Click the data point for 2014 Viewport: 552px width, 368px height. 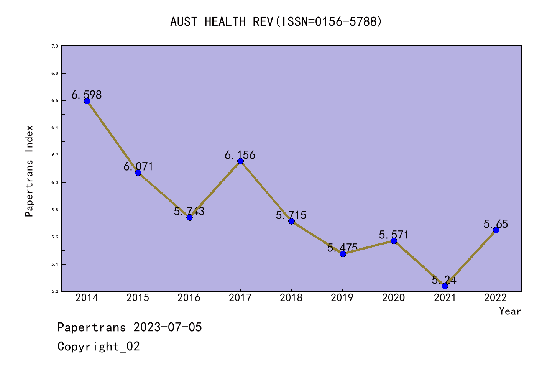tap(87, 101)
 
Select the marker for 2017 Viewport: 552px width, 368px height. tap(240, 161)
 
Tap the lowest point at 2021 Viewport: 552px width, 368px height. tap(445, 286)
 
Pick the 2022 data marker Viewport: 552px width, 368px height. tap(496, 230)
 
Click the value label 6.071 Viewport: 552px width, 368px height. tap(138, 167)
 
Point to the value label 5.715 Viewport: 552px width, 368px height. tap(291, 215)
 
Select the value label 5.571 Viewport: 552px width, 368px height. tap(394, 235)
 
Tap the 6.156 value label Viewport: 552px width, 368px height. tap(240, 155)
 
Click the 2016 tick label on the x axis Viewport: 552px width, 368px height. tap(189, 298)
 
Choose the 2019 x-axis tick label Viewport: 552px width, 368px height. tap(342, 298)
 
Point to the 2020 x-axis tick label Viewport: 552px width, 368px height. tap(394, 298)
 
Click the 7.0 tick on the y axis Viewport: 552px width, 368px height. tap(54, 46)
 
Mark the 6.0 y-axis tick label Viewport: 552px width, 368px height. tap(54, 182)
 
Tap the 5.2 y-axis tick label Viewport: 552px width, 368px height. tap(54, 292)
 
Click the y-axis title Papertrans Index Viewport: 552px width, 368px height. tap(29, 171)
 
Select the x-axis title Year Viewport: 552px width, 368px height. tap(510, 311)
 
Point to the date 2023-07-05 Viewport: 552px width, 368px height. tap(168, 327)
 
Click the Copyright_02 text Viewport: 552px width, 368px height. tap(99, 347)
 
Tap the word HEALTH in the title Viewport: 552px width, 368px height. tap(225, 22)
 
